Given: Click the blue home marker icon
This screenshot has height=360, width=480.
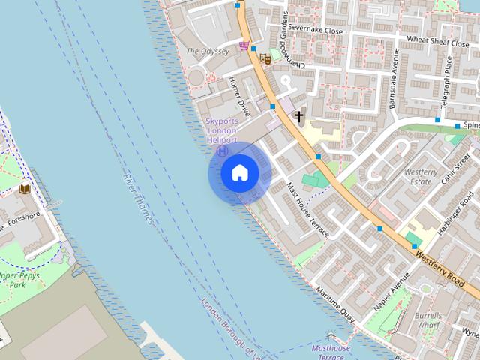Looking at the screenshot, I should click(x=239, y=173).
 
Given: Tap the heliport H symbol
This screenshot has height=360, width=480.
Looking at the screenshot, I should click(x=222, y=151).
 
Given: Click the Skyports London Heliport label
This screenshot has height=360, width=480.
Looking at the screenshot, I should click(x=221, y=130).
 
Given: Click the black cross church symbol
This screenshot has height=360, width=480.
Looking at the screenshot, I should click(x=299, y=116).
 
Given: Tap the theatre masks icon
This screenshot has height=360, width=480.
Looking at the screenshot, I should click(x=264, y=58).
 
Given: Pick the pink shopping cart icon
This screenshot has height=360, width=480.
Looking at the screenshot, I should click(x=244, y=46).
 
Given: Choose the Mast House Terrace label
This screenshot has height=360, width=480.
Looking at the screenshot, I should click(x=307, y=212).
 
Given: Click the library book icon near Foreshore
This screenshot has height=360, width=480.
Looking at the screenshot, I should click(x=24, y=188).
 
